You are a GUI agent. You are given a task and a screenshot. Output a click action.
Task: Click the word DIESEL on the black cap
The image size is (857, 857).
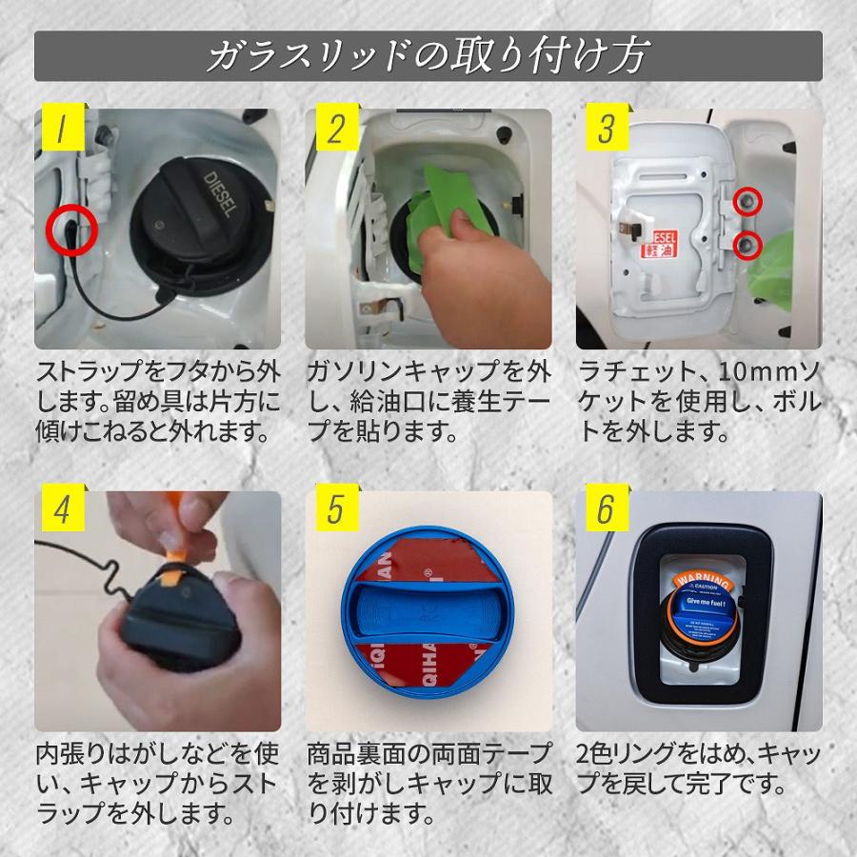215,194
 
